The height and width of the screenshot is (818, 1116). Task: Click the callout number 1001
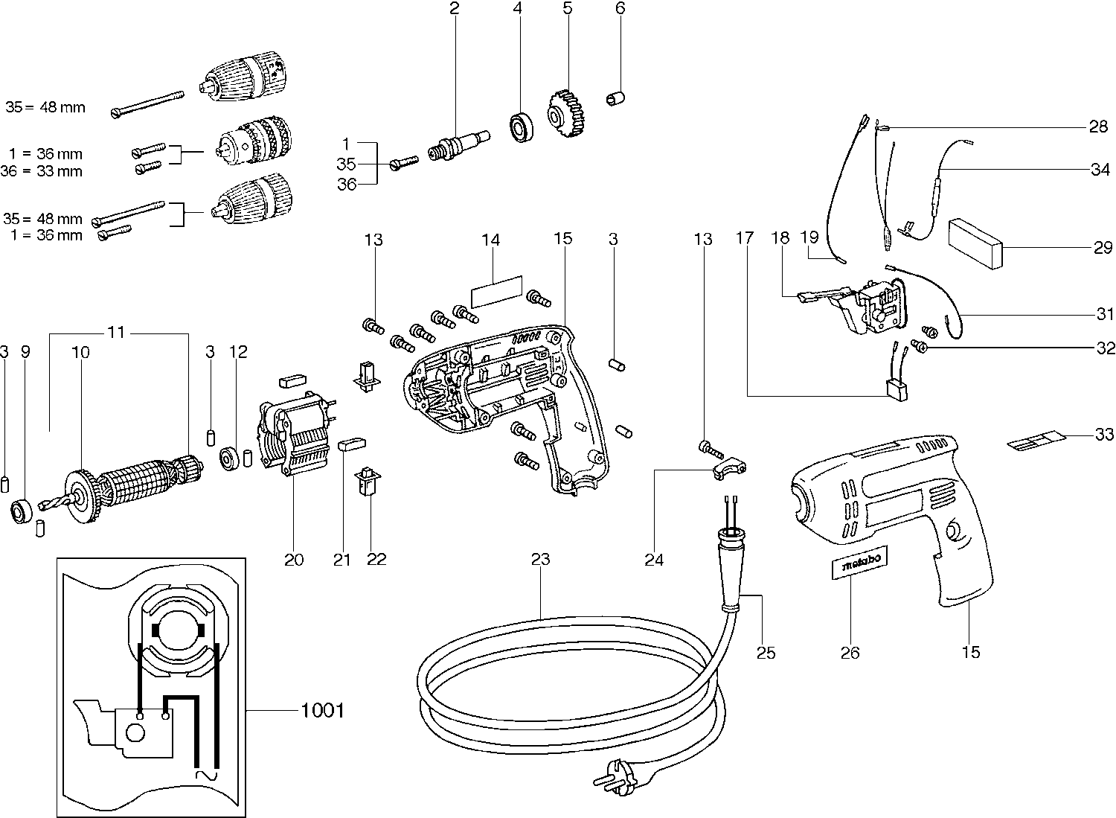[322, 711]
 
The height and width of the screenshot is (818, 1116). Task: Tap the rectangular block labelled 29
[975, 242]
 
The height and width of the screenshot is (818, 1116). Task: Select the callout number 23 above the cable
[541, 558]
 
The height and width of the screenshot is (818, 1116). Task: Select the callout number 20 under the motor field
[294, 559]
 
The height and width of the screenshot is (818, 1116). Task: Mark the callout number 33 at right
[1104, 433]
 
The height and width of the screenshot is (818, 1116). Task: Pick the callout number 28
[1098, 127]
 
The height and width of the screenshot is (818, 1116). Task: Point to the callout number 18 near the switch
[779, 238]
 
